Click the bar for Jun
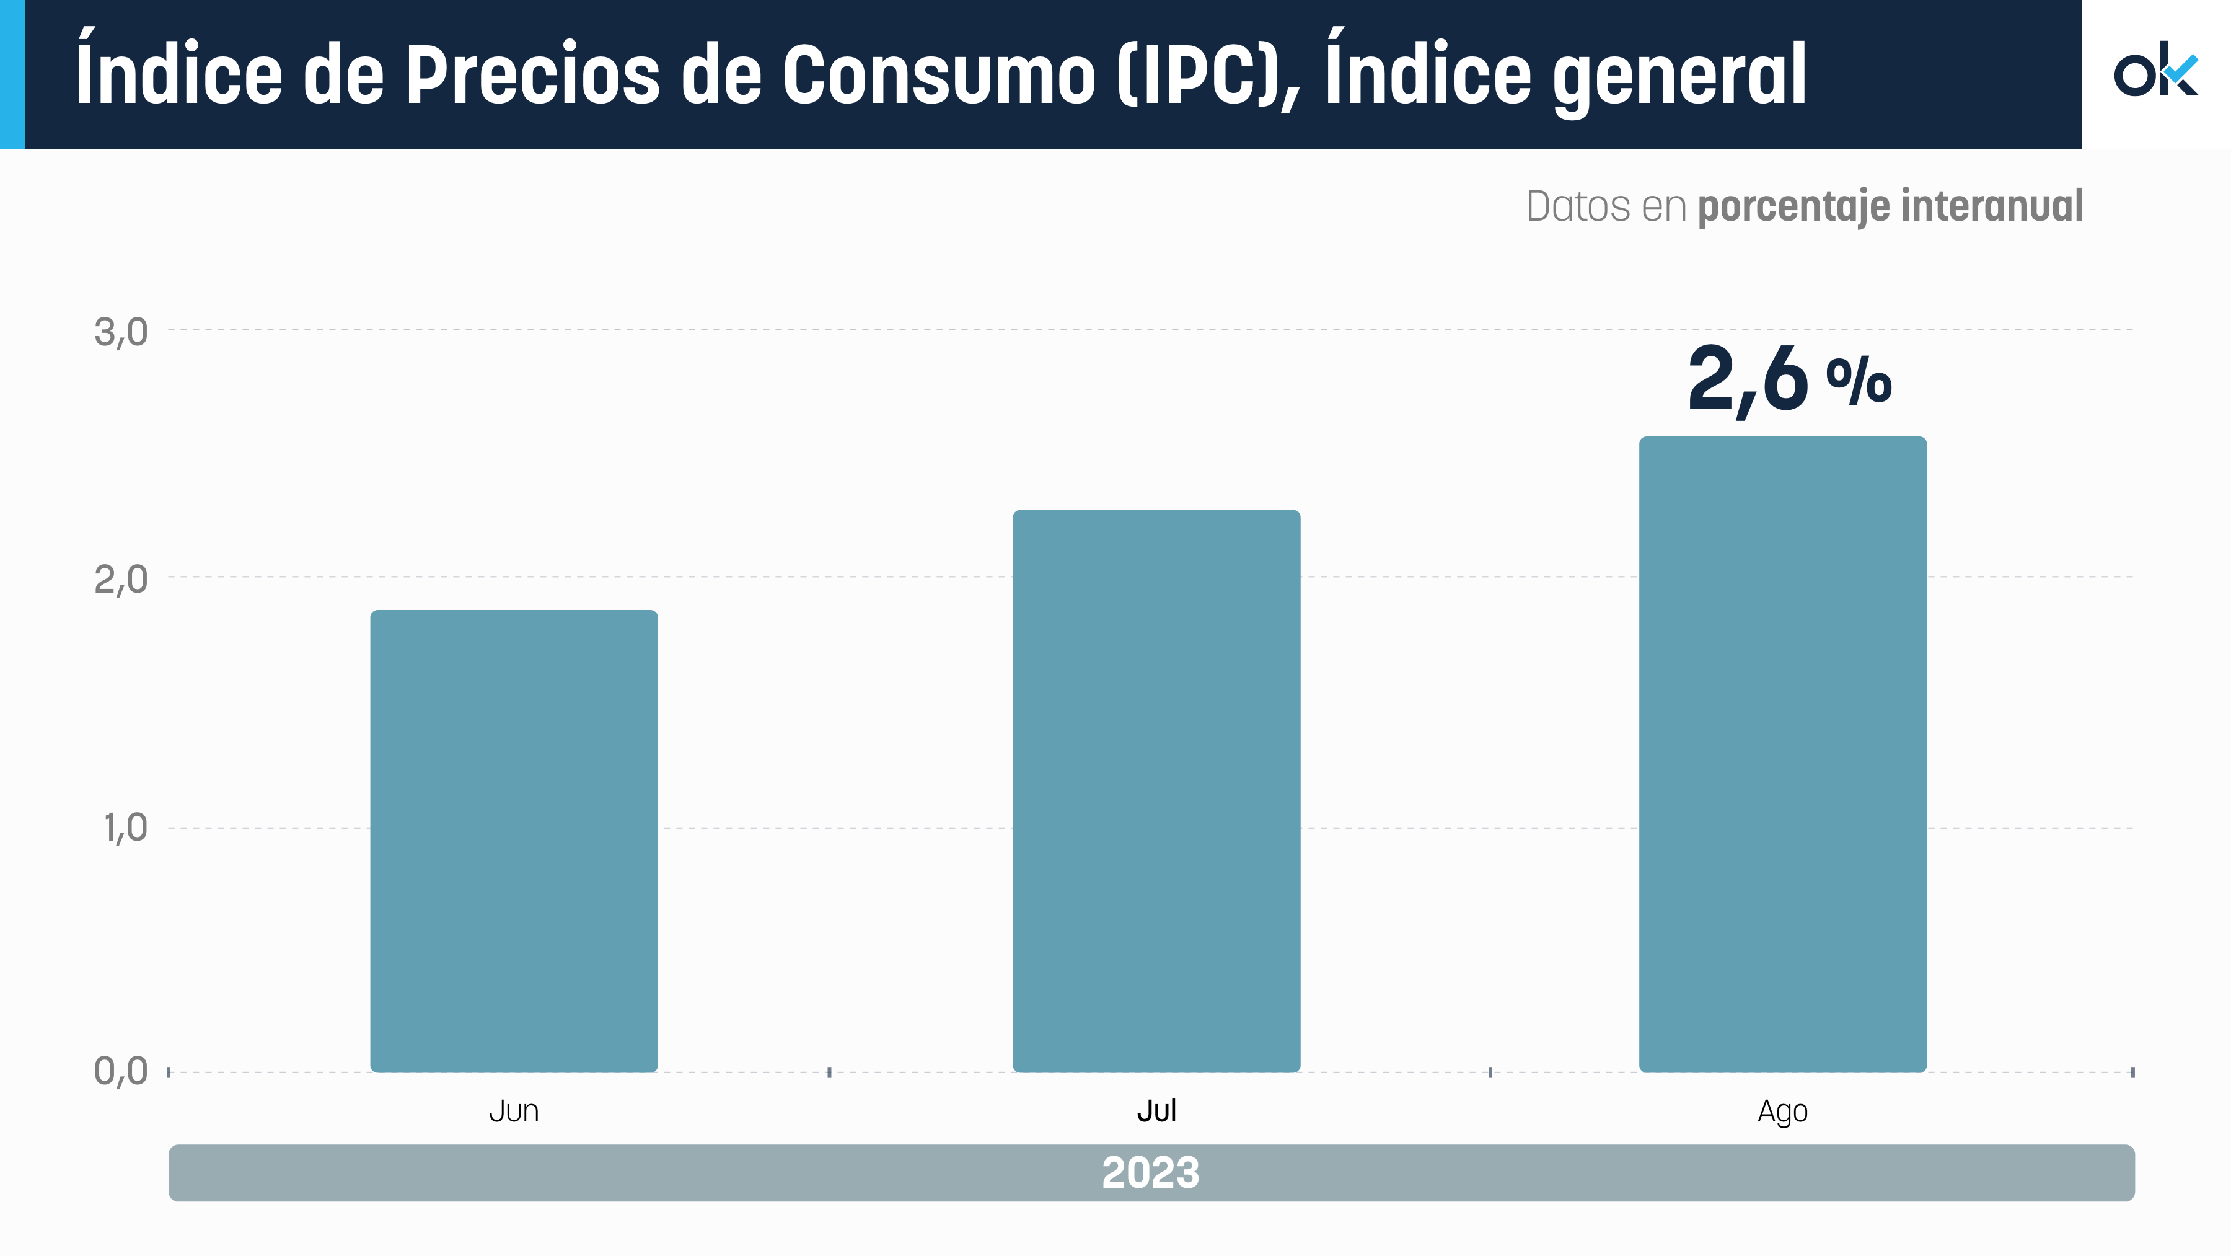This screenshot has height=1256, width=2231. pyautogui.click(x=514, y=840)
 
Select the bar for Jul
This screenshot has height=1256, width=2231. pyautogui.click(x=1156, y=790)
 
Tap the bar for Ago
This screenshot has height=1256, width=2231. pyautogui.click(x=1782, y=754)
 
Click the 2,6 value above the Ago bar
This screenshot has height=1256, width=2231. pyautogui.click(x=1748, y=381)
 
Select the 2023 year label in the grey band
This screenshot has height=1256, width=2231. pyautogui.click(x=1150, y=1173)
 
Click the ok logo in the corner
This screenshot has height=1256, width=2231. pyautogui.click(x=2155, y=69)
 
